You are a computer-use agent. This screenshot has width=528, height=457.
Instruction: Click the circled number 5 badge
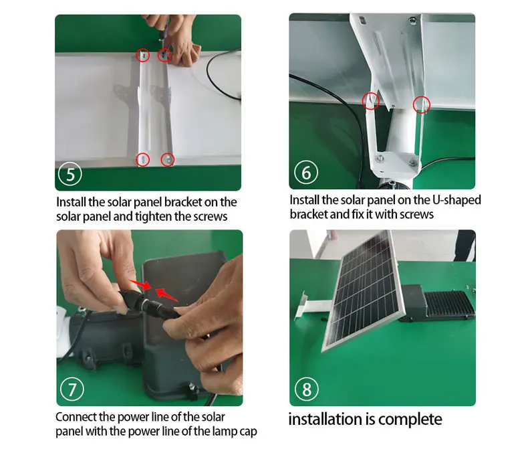[x=70, y=174]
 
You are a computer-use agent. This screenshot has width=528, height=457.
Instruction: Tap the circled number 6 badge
[x=306, y=172]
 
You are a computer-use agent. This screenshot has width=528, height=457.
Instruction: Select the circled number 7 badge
[x=72, y=389]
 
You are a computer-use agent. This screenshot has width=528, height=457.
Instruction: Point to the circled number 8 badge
[x=306, y=389]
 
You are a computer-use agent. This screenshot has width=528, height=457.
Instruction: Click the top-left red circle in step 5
[x=143, y=55]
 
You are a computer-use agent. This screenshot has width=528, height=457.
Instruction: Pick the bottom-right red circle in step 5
[x=168, y=159]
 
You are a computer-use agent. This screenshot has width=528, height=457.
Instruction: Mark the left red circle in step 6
[x=371, y=100]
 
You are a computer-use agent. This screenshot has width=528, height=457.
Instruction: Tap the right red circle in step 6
[x=422, y=104]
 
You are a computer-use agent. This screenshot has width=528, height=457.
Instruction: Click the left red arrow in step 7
[x=141, y=284]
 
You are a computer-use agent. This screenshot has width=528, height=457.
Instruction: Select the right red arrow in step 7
[x=166, y=294]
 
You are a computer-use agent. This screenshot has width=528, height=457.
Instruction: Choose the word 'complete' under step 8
[x=410, y=420]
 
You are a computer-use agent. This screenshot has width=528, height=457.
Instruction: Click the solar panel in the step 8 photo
[x=363, y=290]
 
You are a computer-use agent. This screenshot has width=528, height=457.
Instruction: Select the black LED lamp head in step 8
[x=438, y=303]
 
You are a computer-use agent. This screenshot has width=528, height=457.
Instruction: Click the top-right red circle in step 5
[x=164, y=55]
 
